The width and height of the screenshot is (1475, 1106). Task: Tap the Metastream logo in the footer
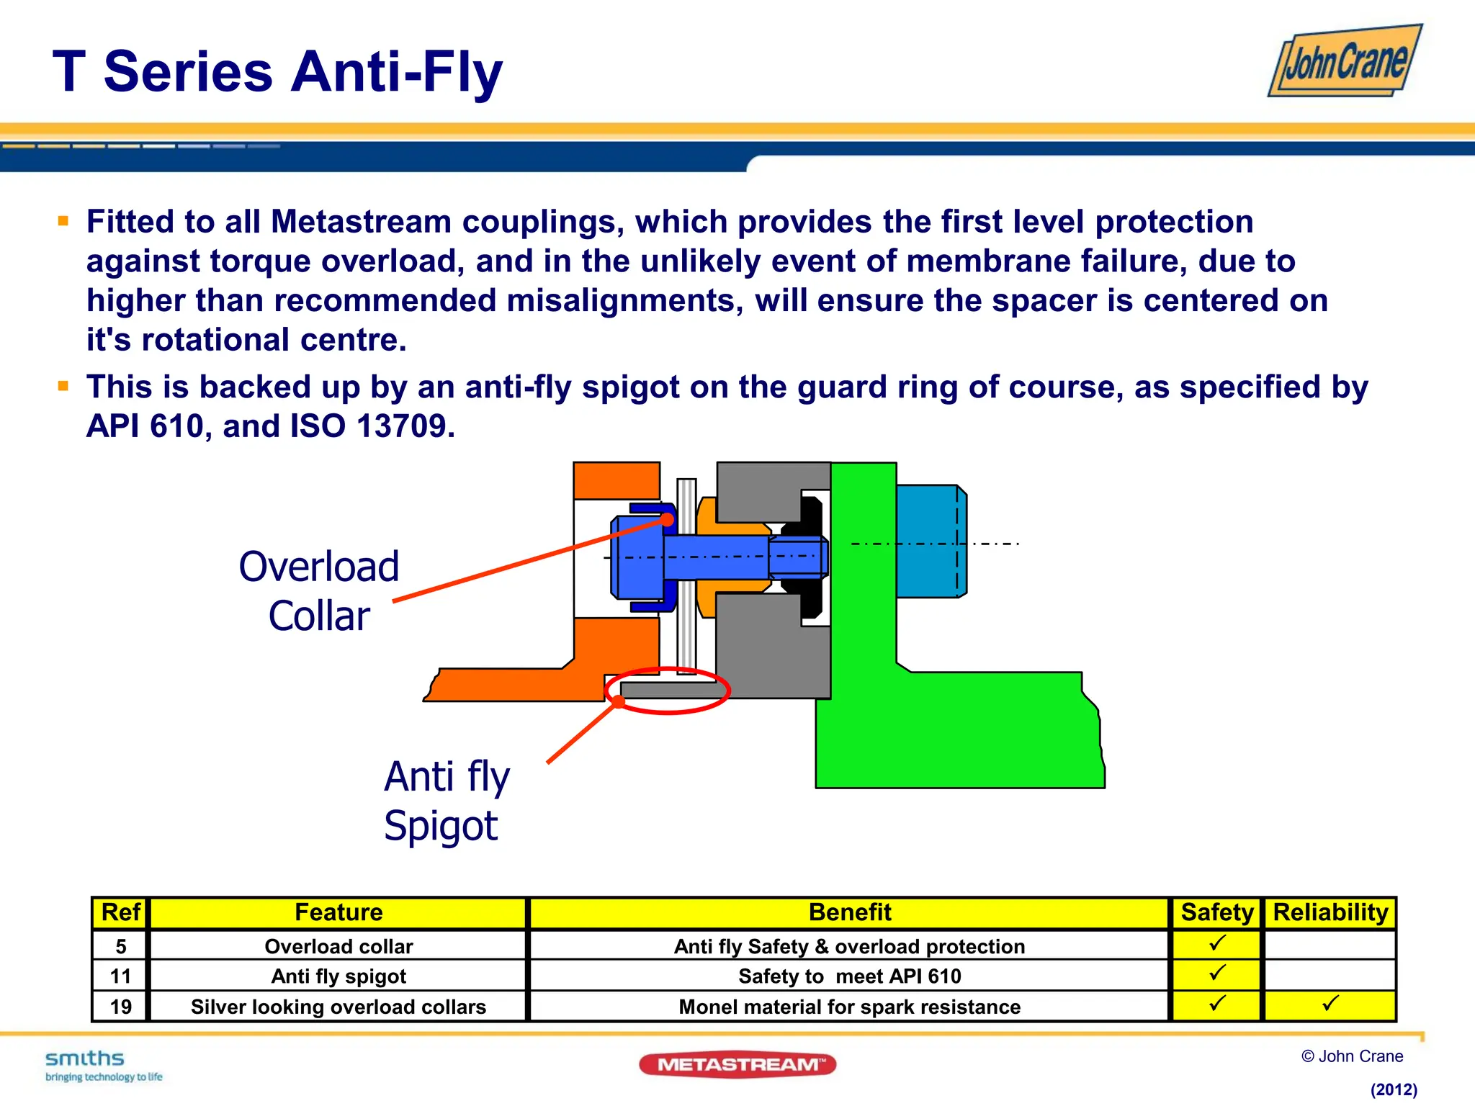737,1064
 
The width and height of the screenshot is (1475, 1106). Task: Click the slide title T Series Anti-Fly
277,72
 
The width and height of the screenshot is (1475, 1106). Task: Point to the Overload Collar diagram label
318,590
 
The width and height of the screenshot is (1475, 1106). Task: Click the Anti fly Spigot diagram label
446,800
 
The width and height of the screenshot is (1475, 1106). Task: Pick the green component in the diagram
958,727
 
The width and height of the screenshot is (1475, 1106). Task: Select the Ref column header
120,912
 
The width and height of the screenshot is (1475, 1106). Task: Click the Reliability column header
1330,912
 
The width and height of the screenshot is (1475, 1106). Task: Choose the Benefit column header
849,912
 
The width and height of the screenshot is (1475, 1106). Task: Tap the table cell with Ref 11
120,976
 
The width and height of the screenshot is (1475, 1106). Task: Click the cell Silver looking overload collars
339,1007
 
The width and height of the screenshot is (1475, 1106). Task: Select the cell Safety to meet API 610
849,976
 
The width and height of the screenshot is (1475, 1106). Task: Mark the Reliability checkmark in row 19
1330,1003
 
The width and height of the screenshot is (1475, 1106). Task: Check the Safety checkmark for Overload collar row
1217,943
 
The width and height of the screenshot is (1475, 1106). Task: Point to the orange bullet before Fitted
63,221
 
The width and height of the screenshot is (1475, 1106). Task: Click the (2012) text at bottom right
1393,1089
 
